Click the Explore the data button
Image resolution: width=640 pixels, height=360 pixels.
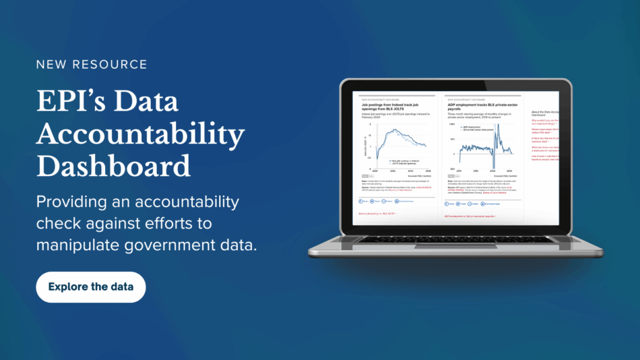tap(91, 287)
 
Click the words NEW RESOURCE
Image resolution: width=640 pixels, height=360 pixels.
tap(92, 65)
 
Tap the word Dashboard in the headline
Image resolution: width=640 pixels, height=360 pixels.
tap(113, 165)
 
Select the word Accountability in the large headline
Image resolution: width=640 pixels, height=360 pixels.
tap(140, 133)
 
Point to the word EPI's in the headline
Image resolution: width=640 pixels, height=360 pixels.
tap(66, 102)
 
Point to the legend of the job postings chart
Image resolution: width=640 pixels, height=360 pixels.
tap(406, 162)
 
